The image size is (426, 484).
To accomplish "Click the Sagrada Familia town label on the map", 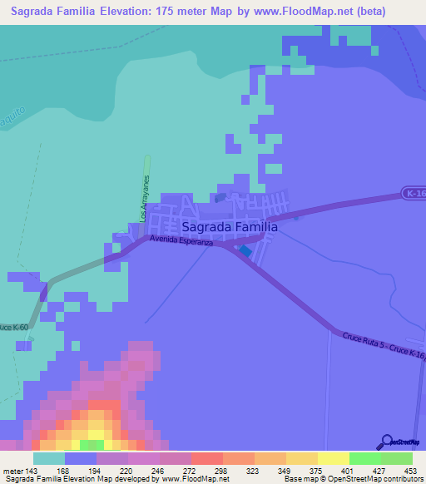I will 228,225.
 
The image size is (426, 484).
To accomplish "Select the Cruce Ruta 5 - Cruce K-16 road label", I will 384,346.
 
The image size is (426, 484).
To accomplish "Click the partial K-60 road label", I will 12,327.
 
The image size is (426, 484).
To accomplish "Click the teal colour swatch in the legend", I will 49,458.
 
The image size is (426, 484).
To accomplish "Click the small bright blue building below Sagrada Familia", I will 245,250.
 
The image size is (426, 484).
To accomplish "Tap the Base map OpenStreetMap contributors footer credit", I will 351,479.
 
